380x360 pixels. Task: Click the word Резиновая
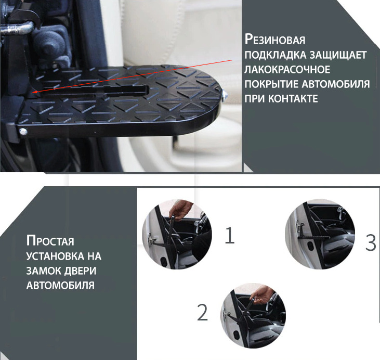[x=275, y=40]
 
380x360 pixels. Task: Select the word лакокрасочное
[x=287, y=69]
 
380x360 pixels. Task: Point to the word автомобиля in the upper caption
[x=336, y=84]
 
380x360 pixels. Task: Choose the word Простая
[x=50, y=241]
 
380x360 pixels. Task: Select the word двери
[x=77, y=271]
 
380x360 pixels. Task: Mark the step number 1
[x=230, y=235]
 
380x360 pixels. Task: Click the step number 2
[x=203, y=312]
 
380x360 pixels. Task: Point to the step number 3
[x=371, y=242]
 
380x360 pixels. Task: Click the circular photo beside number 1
[x=177, y=234]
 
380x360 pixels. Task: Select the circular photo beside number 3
[x=320, y=234]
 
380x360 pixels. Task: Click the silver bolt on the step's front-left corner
[x=23, y=132]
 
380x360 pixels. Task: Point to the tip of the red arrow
[x=33, y=93]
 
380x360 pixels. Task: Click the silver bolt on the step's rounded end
[x=224, y=95]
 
